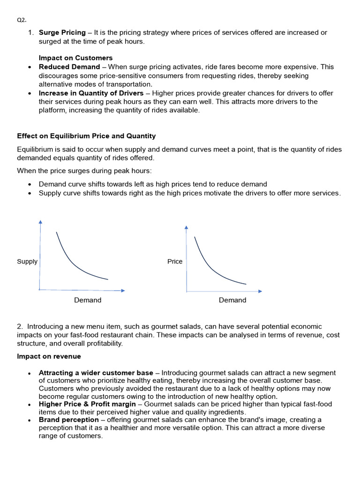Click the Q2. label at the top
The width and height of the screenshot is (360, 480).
click(x=22, y=20)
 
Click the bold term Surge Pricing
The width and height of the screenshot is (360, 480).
click(x=62, y=33)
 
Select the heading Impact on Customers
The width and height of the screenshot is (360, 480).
click(x=75, y=58)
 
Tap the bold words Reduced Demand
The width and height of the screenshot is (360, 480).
click(x=69, y=67)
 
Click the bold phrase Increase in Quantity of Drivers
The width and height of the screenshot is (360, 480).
click(x=91, y=93)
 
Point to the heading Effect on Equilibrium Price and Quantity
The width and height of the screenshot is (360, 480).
click(x=86, y=136)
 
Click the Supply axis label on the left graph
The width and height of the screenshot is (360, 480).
click(x=27, y=262)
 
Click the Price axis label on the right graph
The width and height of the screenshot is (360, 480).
click(x=175, y=262)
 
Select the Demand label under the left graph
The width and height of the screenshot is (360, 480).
click(x=88, y=300)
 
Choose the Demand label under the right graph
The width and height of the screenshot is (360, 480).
click(x=232, y=300)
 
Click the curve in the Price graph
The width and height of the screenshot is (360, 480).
click(x=212, y=269)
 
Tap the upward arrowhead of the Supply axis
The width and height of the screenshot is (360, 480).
click(x=40, y=222)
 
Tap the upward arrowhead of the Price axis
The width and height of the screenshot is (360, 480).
click(x=187, y=228)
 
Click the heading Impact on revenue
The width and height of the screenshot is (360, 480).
click(x=49, y=357)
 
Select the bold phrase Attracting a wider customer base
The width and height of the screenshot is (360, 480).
click(x=96, y=373)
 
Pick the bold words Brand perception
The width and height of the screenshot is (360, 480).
click(x=69, y=420)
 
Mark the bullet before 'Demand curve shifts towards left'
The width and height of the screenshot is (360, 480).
click(x=30, y=185)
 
